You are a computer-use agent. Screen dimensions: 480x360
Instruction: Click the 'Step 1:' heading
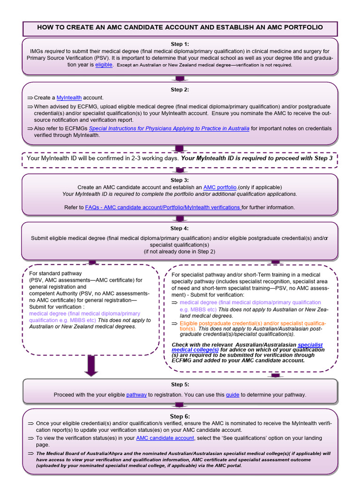[180, 44]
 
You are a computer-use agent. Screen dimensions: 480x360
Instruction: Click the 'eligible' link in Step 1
[104, 65]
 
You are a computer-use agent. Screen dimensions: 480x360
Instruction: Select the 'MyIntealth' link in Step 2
[69, 97]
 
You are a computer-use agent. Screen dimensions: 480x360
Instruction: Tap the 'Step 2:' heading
[180, 90]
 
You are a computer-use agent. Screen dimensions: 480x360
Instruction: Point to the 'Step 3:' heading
[180, 180]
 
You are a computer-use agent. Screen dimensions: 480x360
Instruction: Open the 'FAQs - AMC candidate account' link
[163, 207]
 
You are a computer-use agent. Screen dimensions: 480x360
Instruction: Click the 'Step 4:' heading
[180, 228]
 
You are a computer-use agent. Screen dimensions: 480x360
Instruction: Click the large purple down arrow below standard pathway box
[91, 366]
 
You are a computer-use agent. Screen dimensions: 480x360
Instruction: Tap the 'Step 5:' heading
[180, 384]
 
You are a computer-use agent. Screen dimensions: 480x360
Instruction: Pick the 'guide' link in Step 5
[232, 395]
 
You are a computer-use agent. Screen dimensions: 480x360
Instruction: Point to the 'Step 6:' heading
[180, 416]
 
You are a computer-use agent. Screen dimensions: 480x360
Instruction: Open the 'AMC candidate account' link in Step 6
[165, 438]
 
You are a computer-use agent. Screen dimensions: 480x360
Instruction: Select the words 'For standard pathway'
[55, 273]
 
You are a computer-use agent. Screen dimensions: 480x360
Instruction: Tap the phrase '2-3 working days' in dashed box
[155, 158]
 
